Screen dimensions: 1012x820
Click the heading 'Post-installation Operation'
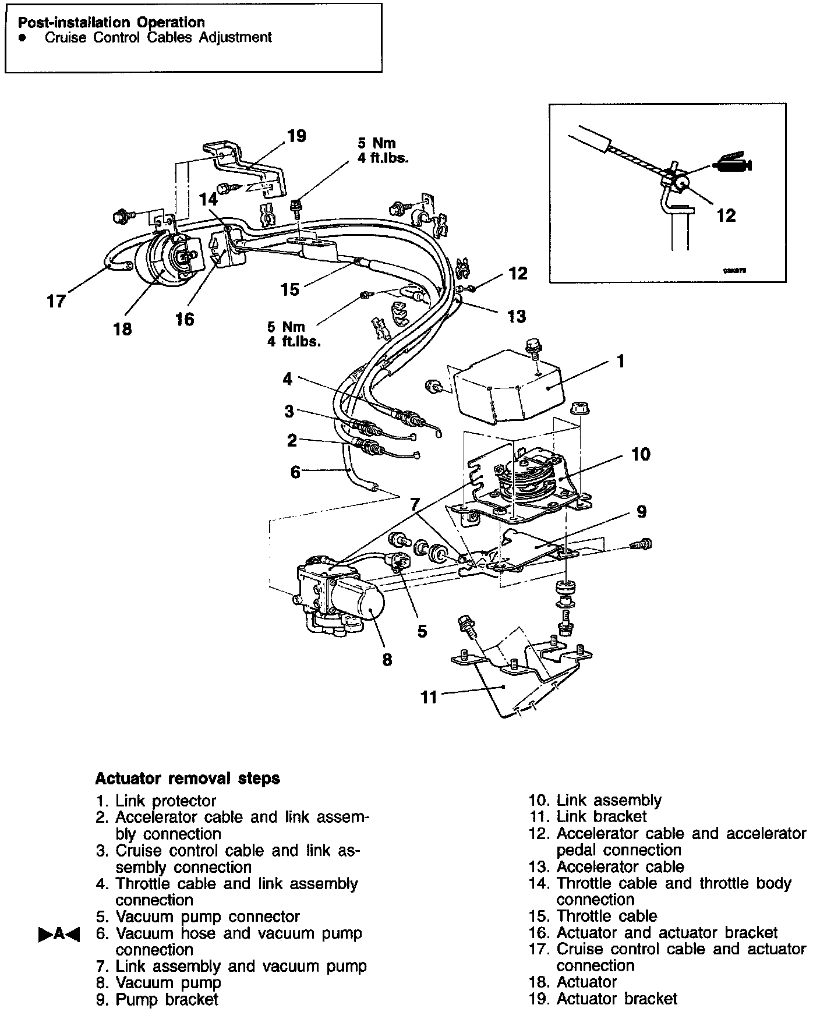(x=111, y=23)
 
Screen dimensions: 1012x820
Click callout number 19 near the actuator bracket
(x=296, y=136)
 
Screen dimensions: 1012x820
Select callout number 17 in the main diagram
(x=56, y=302)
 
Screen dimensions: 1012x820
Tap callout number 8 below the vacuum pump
(x=387, y=659)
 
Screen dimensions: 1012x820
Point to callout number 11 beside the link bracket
(x=429, y=697)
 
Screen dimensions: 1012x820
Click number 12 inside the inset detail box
(x=726, y=215)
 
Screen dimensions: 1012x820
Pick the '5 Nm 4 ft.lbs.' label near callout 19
(x=383, y=150)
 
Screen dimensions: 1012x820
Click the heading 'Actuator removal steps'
(x=187, y=779)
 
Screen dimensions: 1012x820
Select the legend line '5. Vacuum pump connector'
(x=198, y=917)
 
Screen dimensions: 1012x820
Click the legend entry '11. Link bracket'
(x=588, y=816)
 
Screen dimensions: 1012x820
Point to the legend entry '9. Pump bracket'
(x=157, y=999)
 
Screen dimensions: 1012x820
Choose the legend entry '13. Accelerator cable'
(x=607, y=866)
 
